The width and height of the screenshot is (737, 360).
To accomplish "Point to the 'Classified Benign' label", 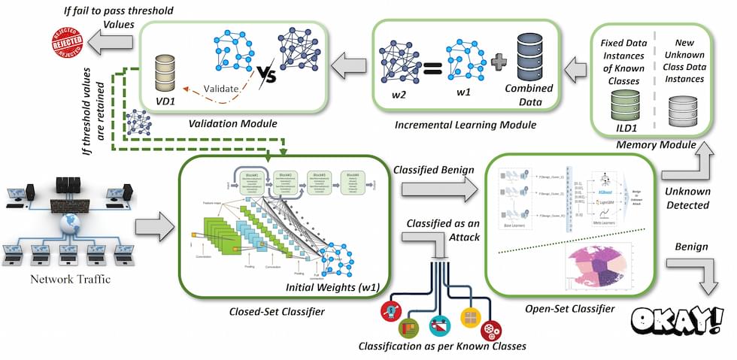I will pyautogui.click(x=431, y=171).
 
